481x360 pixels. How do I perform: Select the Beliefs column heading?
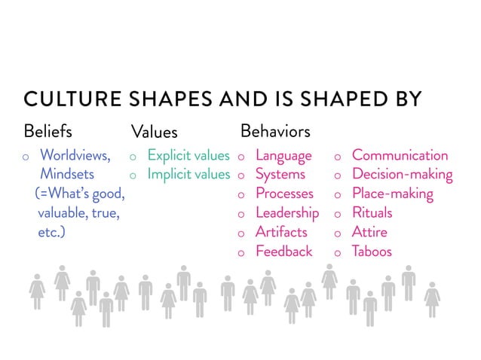(x=48, y=131)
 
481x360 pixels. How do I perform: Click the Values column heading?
(x=154, y=132)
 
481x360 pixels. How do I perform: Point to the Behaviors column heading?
(x=274, y=131)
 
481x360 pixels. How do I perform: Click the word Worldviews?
(x=75, y=156)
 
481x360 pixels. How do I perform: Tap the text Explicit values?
(x=188, y=156)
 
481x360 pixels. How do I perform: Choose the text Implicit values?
(x=188, y=175)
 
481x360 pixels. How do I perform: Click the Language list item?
(x=283, y=156)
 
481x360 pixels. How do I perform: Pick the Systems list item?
(x=280, y=175)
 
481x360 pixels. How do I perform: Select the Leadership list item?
(x=287, y=213)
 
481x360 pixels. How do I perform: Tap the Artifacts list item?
(x=281, y=232)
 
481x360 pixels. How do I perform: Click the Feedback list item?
(x=283, y=252)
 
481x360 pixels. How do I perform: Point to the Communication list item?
(x=400, y=156)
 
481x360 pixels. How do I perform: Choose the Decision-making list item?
(x=402, y=175)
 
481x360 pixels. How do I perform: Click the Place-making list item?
(x=392, y=194)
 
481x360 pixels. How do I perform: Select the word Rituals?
(x=372, y=213)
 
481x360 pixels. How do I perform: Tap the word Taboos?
(x=372, y=252)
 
